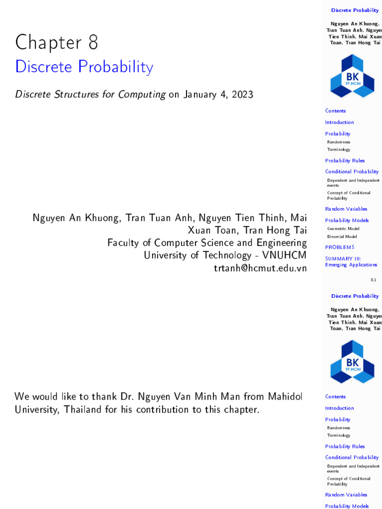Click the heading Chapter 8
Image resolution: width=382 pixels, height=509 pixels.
56,43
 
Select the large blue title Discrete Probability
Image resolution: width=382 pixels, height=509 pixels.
84,67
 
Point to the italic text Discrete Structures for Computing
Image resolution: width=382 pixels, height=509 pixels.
91,94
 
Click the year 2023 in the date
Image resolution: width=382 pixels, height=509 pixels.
240,94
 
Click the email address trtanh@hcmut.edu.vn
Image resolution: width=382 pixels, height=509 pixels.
260,268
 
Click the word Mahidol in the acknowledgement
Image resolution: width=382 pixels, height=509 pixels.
285,396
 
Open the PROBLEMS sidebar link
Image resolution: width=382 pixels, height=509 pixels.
340,247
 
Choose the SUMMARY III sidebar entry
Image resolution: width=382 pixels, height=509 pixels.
343,258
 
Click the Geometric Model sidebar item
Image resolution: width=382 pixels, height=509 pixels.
343,229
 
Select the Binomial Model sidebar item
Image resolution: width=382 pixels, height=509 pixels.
342,237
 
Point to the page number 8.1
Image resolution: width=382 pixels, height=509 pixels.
373,280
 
